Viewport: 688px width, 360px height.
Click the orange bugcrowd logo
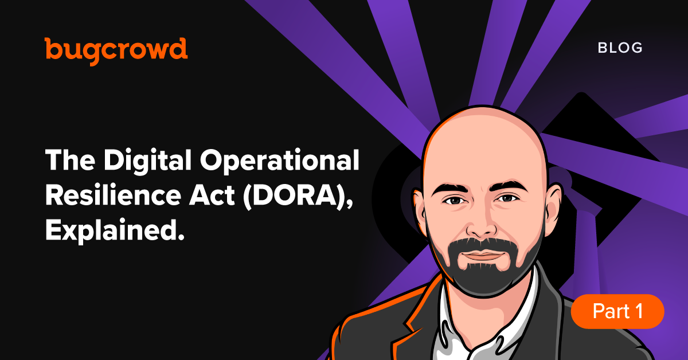click(x=116, y=50)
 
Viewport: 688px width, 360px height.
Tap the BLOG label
click(x=620, y=48)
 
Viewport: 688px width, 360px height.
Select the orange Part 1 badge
click(x=617, y=311)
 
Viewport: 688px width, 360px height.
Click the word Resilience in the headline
click(x=114, y=195)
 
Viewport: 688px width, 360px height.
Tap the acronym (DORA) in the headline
click(x=298, y=197)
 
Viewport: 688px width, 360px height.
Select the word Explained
click(x=115, y=231)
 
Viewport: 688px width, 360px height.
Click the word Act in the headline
click(x=212, y=195)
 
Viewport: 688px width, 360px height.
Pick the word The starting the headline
click(x=71, y=160)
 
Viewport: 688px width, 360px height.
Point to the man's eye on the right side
click(x=507, y=198)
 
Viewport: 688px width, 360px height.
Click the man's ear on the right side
click(x=553, y=206)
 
